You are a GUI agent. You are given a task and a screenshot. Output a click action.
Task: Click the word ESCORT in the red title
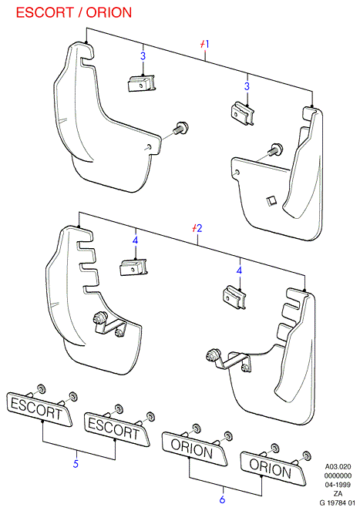pyautogui.click(x=45, y=12)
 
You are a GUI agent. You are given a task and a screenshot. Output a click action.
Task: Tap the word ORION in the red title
pyautogui.click(x=109, y=12)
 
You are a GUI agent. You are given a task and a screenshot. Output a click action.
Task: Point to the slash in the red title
pyautogui.click(x=80, y=12)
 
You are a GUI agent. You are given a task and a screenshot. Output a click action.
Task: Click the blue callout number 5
pyautogui.click(x=76, y=463)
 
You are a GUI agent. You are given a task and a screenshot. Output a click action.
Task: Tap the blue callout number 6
pyautogui.click(x=222, y=499)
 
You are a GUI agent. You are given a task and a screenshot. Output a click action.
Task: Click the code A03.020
pyautogui.click(x=338, y=466)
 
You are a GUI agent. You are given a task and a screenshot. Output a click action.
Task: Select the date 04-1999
pyautogui.click(x=338, y=485)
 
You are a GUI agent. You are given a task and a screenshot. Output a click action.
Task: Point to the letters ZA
pyautogui.click(x=338, y=493)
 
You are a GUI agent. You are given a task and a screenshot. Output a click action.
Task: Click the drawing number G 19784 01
pyautogui.click(x=338, y=502)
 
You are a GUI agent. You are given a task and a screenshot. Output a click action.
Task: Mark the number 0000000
pyautogui.click(x=338, y=475)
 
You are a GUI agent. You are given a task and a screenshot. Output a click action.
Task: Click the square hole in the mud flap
pyautogui.click(x=271, y=200)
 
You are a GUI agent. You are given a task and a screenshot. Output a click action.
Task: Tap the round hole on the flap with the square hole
pyautogui.click(x=237, y=172)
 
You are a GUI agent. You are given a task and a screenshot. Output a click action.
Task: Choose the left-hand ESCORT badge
pyautogui.click(x=39, y=409)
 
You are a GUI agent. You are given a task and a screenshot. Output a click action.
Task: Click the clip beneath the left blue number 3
pyautogui.click(x=141, y=83)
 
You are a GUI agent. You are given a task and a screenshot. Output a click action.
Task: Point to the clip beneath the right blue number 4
pyautogui.click(x=234, y=297)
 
